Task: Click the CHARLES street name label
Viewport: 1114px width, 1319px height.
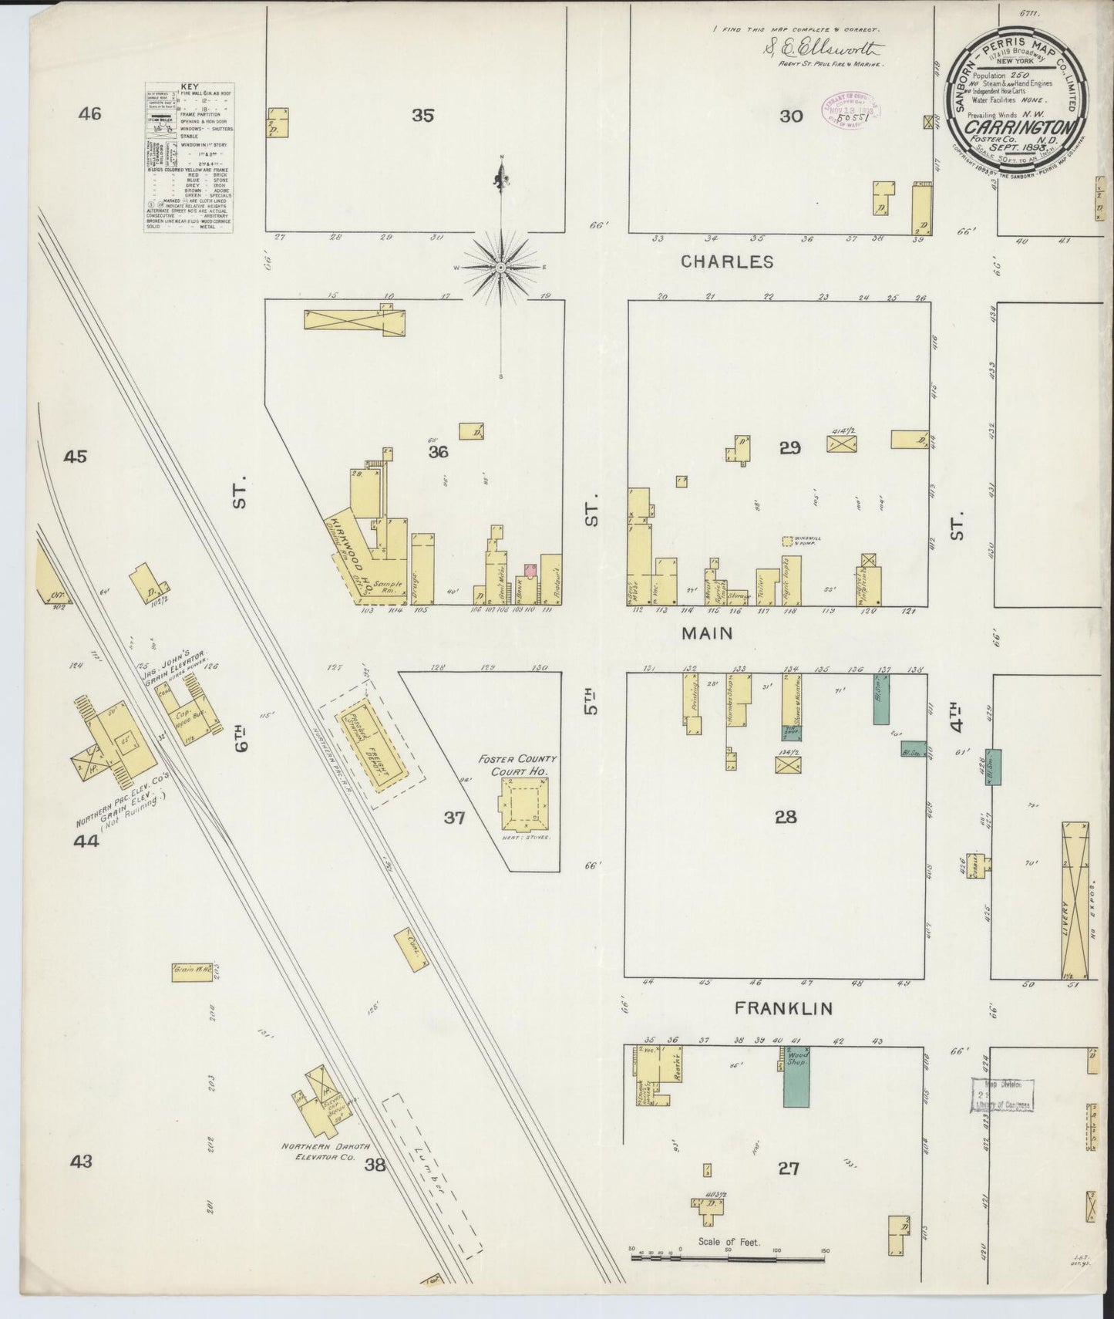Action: [x=727, y=261]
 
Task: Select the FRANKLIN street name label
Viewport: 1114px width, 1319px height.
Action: [x=782, y=1007]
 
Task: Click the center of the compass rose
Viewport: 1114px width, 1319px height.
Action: [x=501, y=267]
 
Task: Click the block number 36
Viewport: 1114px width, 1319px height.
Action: [x=438, y=452]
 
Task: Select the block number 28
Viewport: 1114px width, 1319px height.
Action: [x=786, y=817]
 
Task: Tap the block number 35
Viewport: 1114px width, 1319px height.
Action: [x=422, y=116]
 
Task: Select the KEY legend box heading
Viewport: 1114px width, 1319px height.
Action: [x=189, y=88]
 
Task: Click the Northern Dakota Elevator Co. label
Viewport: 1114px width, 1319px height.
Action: [x=318, y=1152]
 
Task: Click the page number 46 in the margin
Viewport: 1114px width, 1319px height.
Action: [x=90, y=114]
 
